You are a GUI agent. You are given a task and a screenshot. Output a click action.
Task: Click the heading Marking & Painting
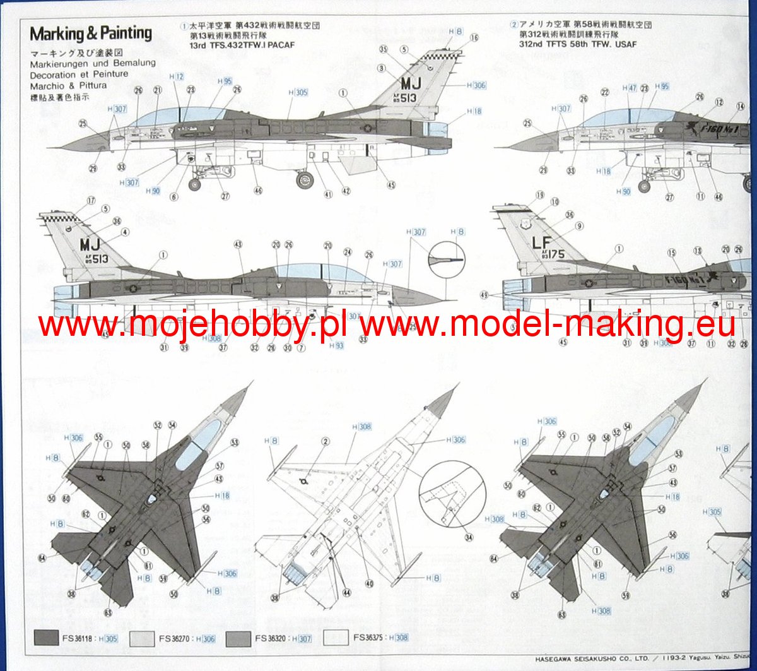click(91, 33)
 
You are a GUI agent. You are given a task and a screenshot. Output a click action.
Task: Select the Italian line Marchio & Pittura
click(68, 85)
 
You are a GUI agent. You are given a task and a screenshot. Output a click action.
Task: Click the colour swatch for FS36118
click(47, 638)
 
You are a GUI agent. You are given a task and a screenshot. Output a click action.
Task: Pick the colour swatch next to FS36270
click(142, 638)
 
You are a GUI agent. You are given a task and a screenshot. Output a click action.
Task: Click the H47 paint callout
click(630, 88)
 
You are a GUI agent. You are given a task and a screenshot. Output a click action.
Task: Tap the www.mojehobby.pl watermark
click(196, 326)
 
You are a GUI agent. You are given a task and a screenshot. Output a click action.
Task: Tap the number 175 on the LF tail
click(552, 255)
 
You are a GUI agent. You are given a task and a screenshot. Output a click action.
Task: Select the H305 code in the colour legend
click(110, 639)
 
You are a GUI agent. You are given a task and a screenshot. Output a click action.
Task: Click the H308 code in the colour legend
click(399, 638)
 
